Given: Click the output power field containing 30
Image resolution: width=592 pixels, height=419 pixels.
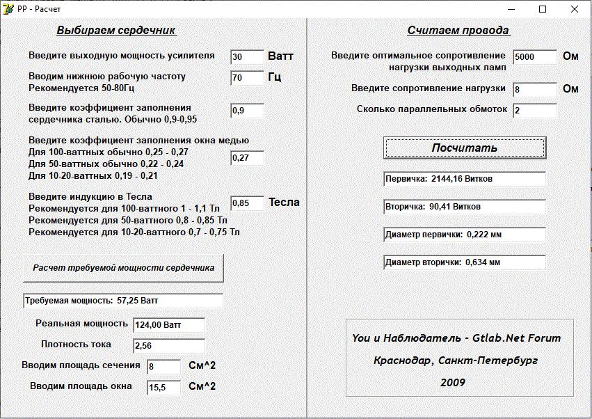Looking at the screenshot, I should click(247, 57).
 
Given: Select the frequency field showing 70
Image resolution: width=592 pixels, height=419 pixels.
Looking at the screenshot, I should click(247, 78).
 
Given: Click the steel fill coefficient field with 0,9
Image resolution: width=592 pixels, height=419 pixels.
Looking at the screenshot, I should click(247, 111).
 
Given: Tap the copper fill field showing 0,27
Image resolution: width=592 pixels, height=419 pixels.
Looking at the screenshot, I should click(247, 158).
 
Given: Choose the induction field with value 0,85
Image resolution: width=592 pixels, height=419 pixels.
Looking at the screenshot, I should click(247, 203).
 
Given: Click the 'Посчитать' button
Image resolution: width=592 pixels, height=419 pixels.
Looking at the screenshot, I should click(465, 148).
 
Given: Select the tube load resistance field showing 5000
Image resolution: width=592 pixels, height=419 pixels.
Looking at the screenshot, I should click(535, 57).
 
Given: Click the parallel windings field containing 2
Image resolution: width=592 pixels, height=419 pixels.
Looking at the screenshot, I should click(535, 111).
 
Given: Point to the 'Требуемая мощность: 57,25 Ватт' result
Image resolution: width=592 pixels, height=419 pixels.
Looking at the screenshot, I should click(123, 301).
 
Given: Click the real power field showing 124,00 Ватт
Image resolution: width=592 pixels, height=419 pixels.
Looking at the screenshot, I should click(168, 325).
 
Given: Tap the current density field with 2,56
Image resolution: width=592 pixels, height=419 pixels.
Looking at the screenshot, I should click(168, 346).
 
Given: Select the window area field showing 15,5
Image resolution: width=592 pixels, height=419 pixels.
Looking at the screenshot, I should click(163, 388).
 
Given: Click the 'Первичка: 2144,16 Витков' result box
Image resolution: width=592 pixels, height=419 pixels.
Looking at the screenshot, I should click(465, 179).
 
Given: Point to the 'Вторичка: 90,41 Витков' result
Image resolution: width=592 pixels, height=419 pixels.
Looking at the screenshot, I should click(465, 207).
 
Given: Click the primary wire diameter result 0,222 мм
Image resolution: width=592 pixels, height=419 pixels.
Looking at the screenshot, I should click(465, 235).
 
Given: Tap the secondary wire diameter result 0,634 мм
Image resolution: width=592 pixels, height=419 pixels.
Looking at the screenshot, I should click(465, 262).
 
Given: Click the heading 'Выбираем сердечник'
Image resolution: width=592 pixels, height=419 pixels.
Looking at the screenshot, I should click(116, 31).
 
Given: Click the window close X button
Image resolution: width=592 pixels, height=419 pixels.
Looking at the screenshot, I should click(575, 9).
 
